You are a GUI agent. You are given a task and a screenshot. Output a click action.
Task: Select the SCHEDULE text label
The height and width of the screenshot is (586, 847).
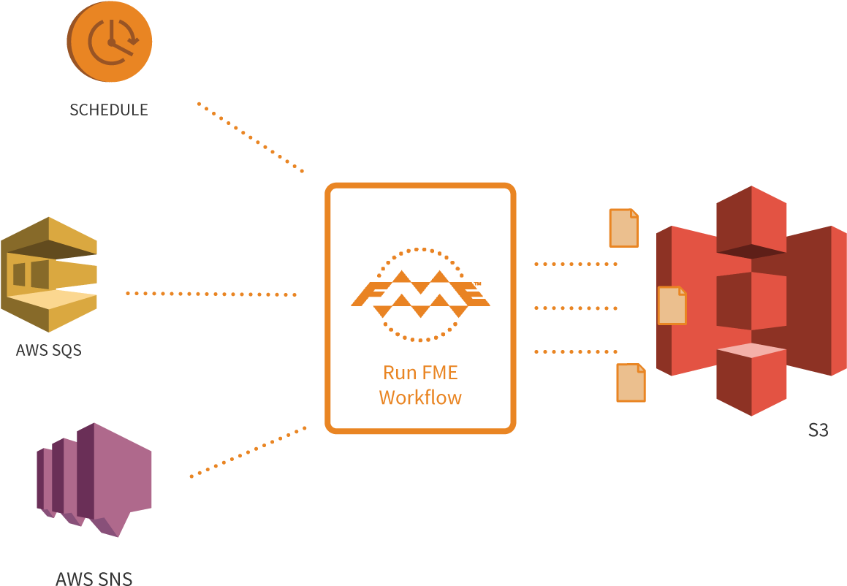(108, 110)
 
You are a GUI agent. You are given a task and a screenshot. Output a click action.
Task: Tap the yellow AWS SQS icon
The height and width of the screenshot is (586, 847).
(48, 274)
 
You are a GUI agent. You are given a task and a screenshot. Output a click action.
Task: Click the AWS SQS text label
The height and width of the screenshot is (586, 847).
(48, 350)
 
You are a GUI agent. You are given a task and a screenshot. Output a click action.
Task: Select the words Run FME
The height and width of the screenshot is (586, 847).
(420, 373)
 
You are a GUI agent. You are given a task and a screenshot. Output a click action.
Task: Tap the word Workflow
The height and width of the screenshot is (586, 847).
(420, 398)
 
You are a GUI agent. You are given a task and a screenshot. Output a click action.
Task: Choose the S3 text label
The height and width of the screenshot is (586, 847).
(818, 430)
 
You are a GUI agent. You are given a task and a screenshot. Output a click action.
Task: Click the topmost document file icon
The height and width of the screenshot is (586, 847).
(623, 228)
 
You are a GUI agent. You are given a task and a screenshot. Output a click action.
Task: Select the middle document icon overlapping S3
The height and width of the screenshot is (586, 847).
(672, 305)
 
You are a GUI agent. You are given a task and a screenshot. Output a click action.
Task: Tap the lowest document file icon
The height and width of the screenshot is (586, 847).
(631, 382)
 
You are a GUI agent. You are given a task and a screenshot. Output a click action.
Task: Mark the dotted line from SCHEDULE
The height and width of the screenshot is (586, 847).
(250, 137)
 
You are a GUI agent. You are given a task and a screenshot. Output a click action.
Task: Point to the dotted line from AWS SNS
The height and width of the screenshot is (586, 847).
(248, 452)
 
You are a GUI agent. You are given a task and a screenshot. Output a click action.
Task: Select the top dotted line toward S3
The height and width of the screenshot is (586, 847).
(576, 264)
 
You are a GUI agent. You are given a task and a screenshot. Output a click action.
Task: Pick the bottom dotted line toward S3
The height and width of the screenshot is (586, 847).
(576, 351)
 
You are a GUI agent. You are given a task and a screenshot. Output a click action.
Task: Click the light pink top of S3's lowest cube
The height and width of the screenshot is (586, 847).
(751, 351)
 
